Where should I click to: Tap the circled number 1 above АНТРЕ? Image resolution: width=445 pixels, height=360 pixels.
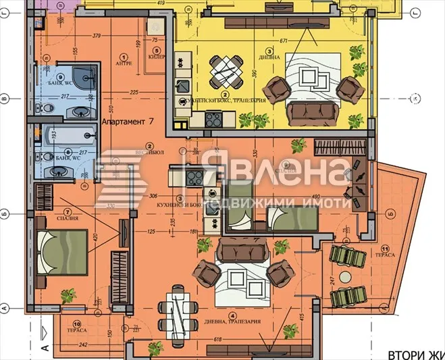click(x=124, y=57)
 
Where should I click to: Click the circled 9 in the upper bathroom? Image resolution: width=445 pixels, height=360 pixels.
click(x=59, y=77)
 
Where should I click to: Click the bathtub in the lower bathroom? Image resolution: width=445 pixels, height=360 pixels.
click(x=66, y=140)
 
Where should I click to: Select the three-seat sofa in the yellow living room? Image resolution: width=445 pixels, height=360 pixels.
click(x=313, y=110)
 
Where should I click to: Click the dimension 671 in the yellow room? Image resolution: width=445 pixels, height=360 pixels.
click(x=284, y=41)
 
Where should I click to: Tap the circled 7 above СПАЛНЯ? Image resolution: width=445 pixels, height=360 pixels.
click(x=68, y=210)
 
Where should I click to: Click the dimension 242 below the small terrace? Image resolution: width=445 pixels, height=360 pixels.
click(x=82, y=344)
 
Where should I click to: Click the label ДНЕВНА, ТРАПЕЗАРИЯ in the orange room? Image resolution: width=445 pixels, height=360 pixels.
click(x=232, y=322)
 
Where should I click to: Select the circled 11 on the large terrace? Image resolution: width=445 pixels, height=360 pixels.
click(x=385, y=248)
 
